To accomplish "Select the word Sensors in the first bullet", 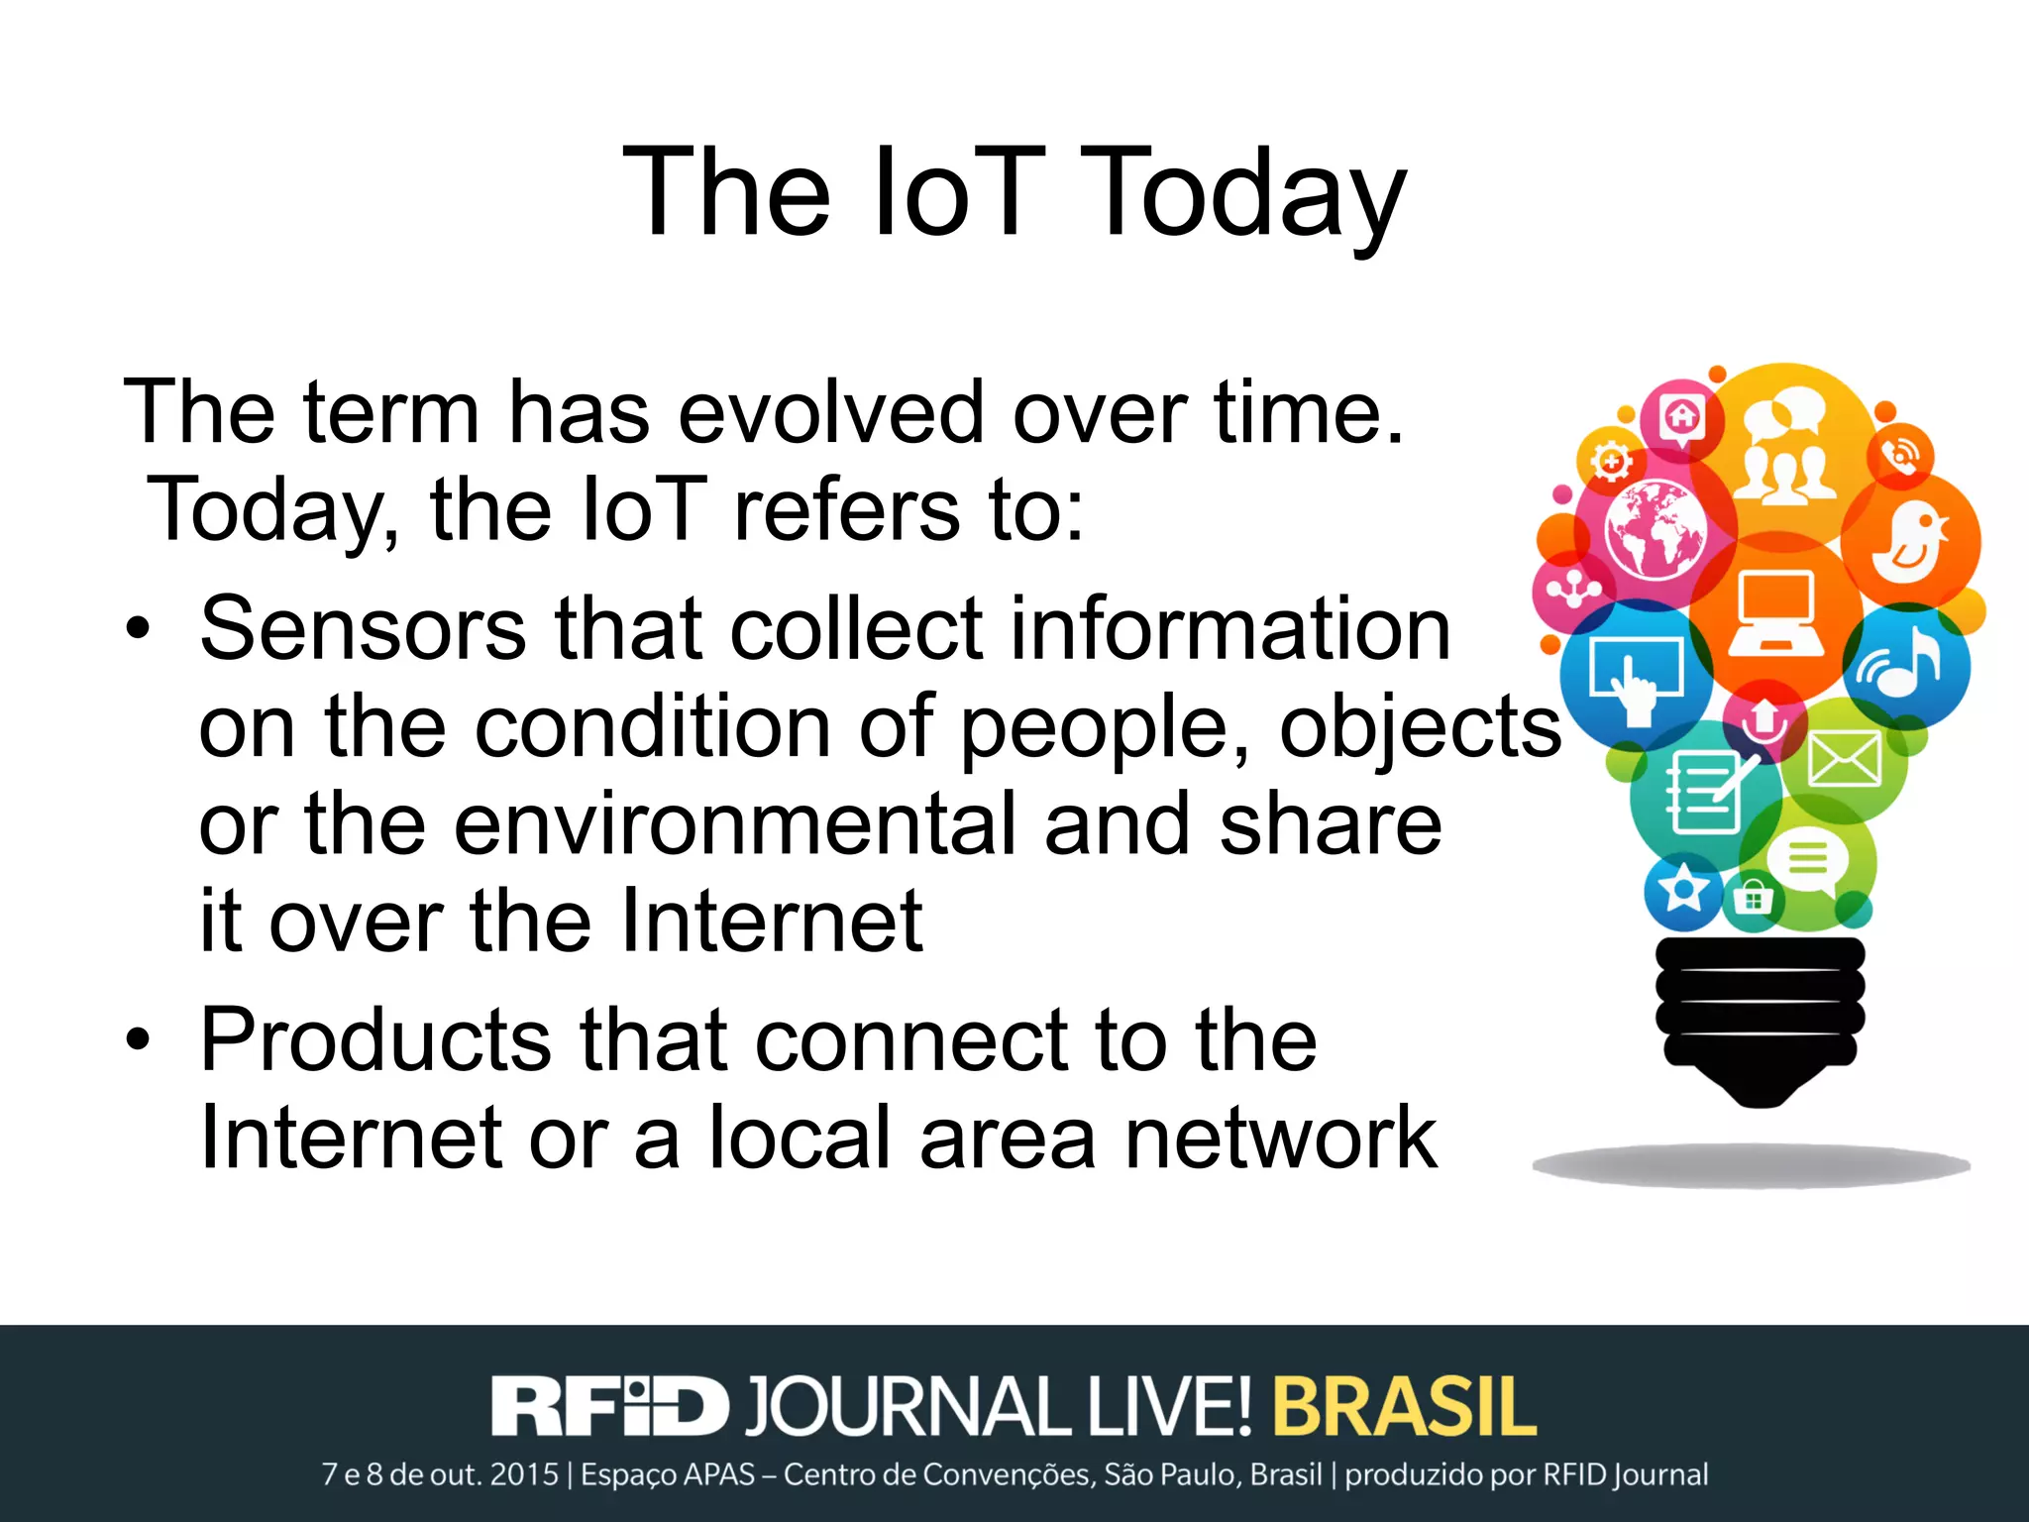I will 363,629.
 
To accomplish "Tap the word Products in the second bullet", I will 374,1040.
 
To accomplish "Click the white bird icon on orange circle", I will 1910,542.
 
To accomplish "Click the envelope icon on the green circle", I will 1844,760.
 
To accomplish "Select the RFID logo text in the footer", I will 609,1406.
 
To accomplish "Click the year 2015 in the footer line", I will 524,1475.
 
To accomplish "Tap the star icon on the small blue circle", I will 1682,891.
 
